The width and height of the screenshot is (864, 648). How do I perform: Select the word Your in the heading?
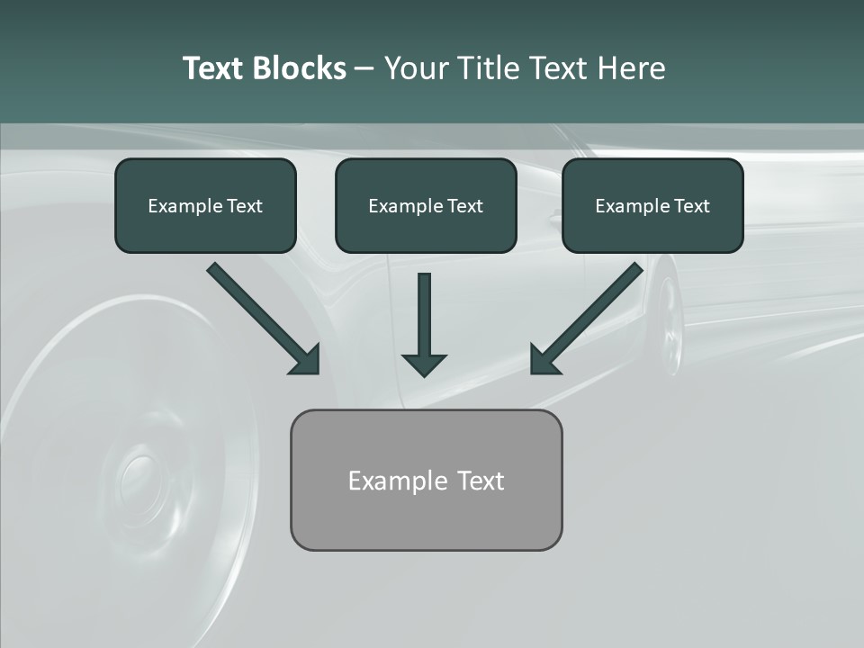418,68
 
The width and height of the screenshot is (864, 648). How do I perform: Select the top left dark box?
205,206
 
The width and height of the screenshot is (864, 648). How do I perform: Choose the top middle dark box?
426,206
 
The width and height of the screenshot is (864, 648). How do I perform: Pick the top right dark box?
652,206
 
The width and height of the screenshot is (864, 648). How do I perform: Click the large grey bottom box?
426,481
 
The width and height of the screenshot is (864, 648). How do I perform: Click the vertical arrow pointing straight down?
424,315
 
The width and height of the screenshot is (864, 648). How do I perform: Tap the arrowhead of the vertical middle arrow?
424,364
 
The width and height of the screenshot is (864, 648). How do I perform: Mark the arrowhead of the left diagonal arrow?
306,360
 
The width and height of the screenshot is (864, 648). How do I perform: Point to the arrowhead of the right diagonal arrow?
544,360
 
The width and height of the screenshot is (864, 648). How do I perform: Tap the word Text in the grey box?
481,481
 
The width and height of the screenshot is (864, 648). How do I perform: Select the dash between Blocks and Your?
364,68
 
